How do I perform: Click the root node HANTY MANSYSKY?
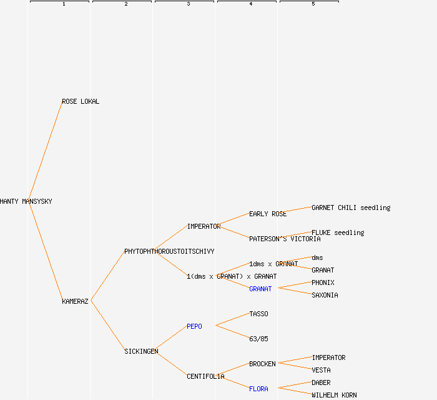pyautogui.click(x=26, y=202)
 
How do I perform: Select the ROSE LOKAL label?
pyautogui.click(x=81, y=102)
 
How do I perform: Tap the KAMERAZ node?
pyautogui.click(x=75, y=302)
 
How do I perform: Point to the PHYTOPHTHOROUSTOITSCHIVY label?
pyautogui.click(x=169, y=252)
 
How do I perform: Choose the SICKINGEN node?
pyautogui.click(x=141, y=352)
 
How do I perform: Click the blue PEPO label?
pyautogui.click(x=194, y=327)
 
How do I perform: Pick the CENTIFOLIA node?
pyautogui.click(x=205, y=377)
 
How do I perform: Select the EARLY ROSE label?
pyautogui.click(x=268, y=214)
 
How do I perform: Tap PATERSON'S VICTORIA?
pyautogui.click(x=285, y=239)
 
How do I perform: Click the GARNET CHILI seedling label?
pyautogui.click(x=351, y=208)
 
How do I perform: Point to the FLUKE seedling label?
pyautogui.click(x=338, y=233)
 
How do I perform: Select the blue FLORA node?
pyautogui.click(x=258, y=389)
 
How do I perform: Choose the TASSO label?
pyautogui.click(x=258, y=314)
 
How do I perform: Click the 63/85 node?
pyautogui.click(x=258, y=339)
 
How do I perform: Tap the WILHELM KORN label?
pyautogui.click(x=334, y=396)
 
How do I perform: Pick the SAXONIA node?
pyautogui.click(x=325, y=296)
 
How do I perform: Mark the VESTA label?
pyautogui.click(x=321, y=371)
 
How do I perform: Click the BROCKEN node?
pyautogui.click(x=262, y=364)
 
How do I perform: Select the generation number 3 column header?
pyautogui.click(x=188, y=4)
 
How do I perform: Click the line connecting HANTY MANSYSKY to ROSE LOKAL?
pyautogui.click(x=45, y=151)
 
